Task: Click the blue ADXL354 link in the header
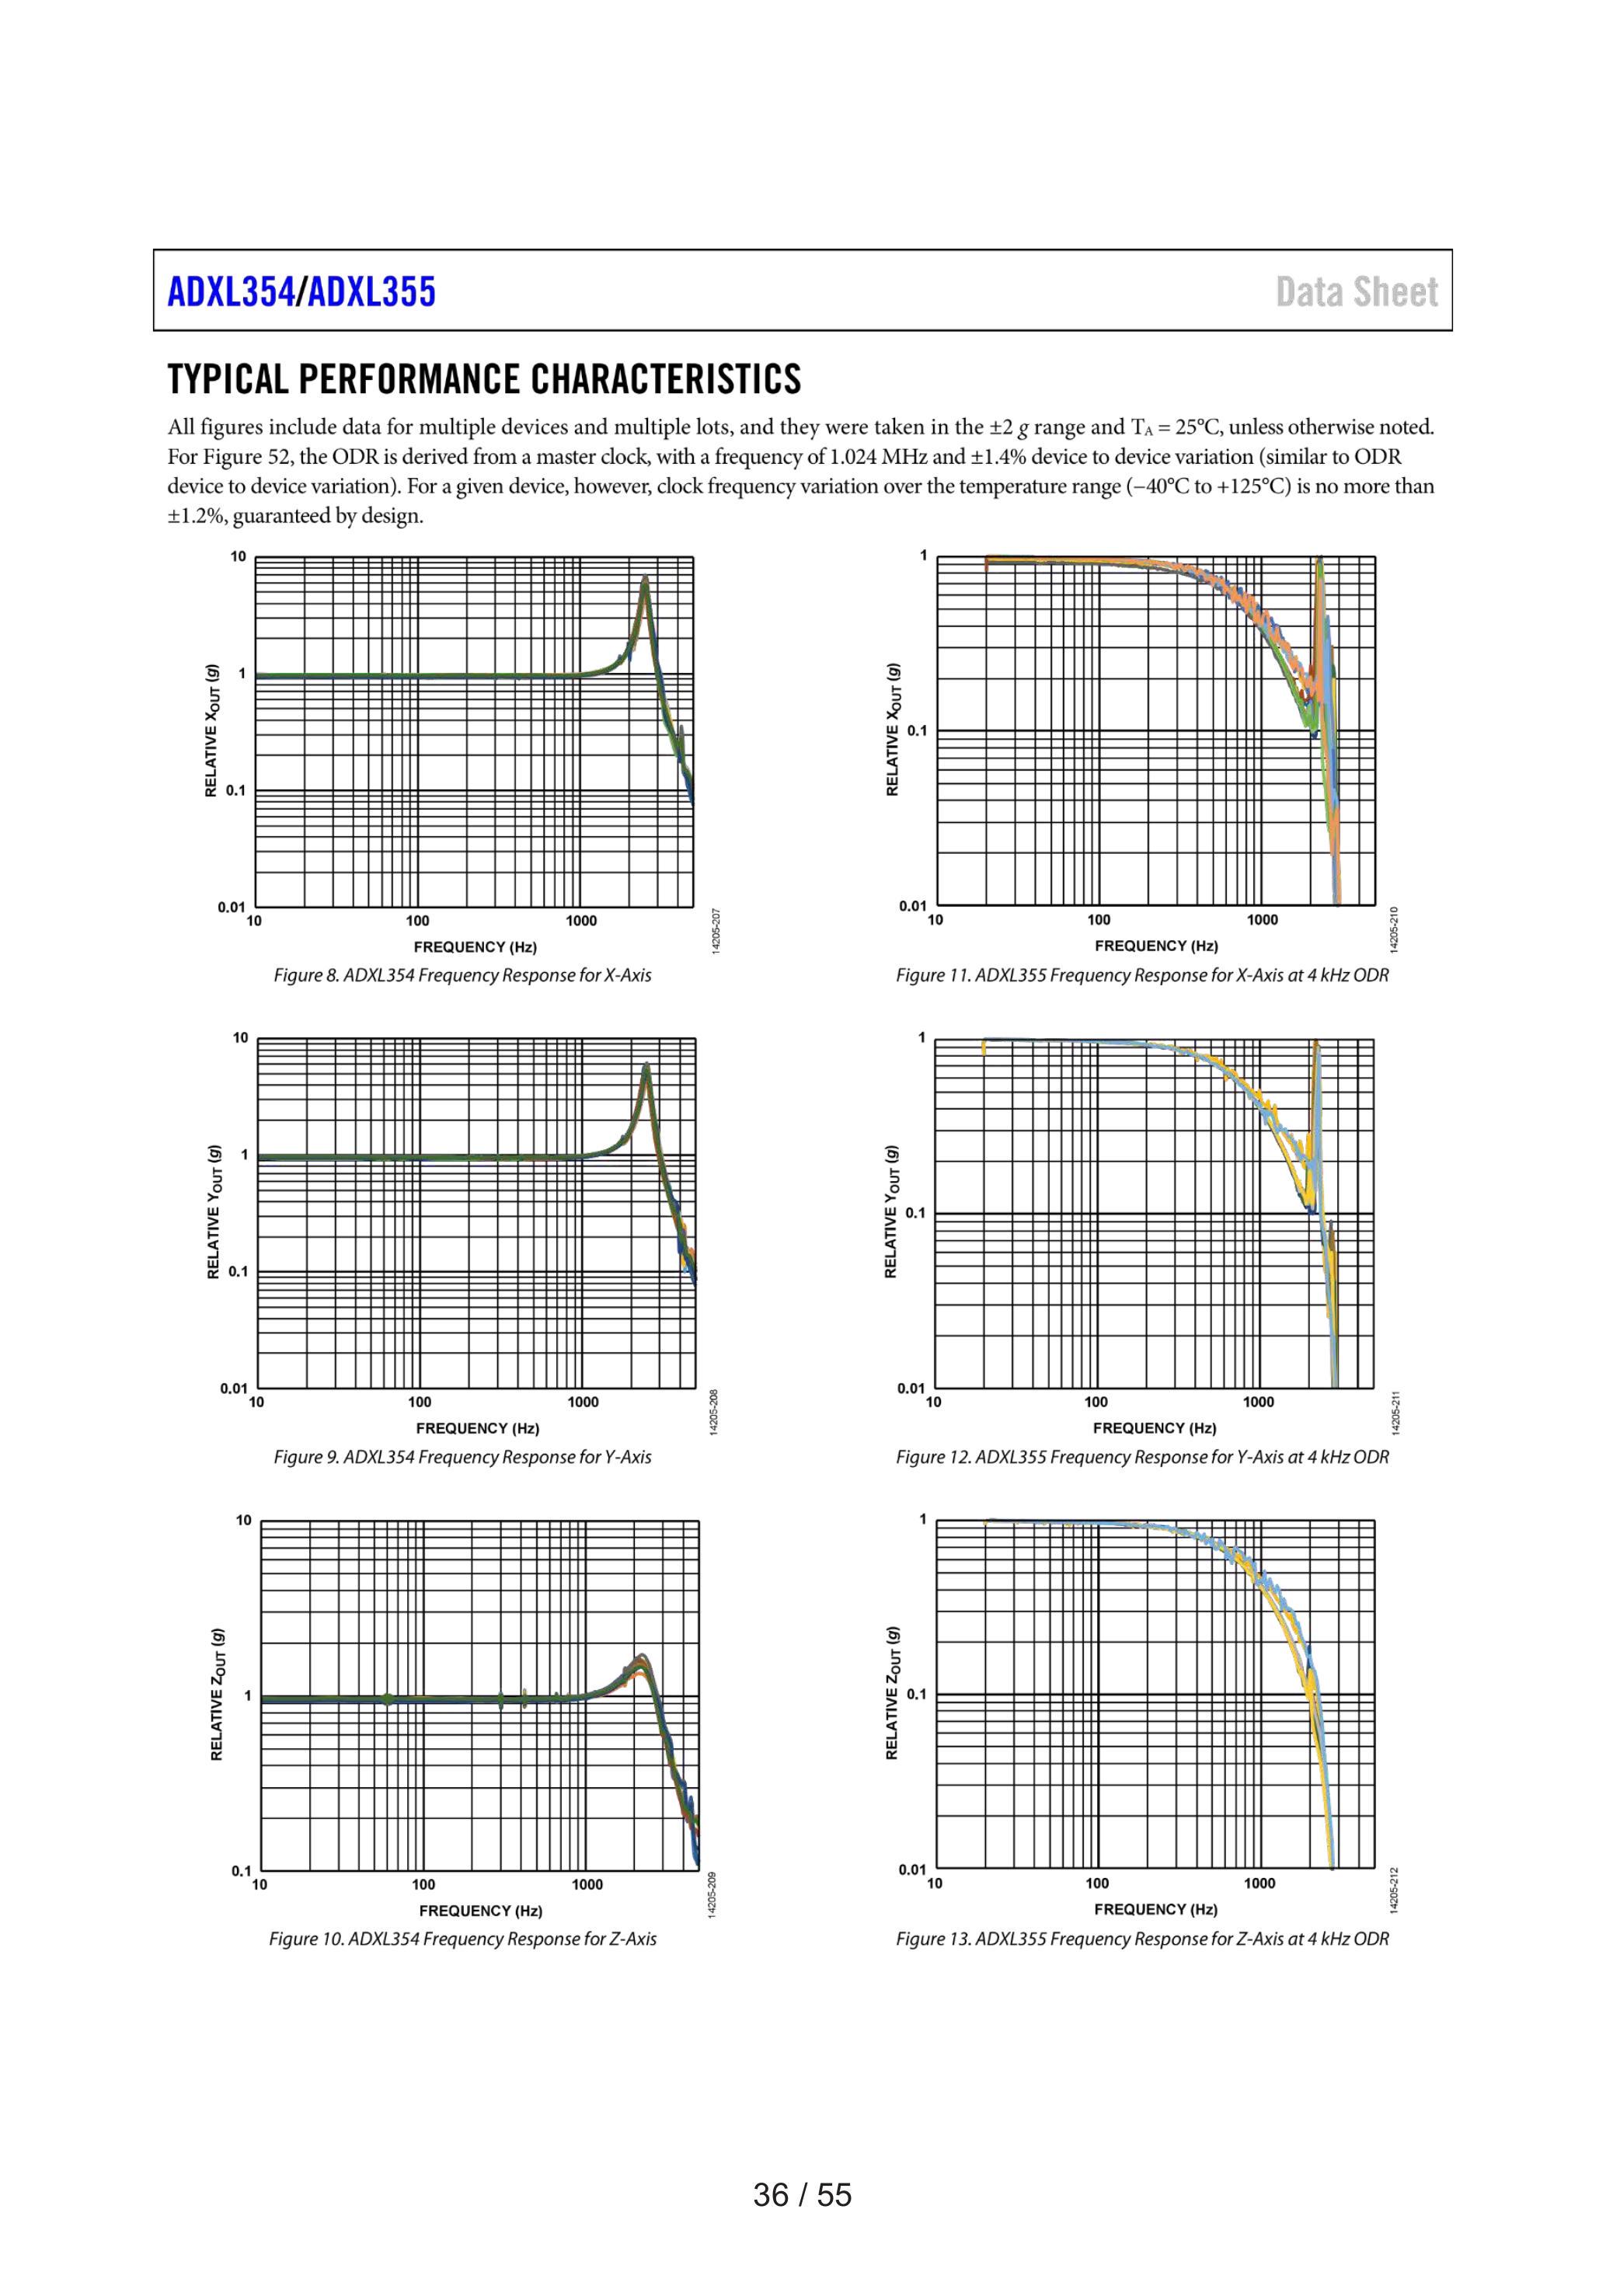pyautogui.click(x=232, y=292)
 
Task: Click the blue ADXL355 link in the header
pyautogui.click(x=371, y=292)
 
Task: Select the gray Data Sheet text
pyautogui.click(x=1357, y=292)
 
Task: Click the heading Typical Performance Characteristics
pyautogui.click(x=485, y=379)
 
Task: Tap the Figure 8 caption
pyautogui.click(x=462, y=976)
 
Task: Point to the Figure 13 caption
pyautogui.click(x=1142, y=1939)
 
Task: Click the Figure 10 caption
pyautogui.click(x=462, y=1939)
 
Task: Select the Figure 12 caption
pyautogui.click(x=1142, y=1457)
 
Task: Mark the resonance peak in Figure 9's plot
pyautogui.click(x=646, y=1065)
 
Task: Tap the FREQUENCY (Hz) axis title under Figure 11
pyautogui.click(x=1156, y=946)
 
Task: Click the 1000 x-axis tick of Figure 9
pyautogui.click(x=583, y=1403)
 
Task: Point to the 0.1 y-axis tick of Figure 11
pyautogui.click(x=918, y=731)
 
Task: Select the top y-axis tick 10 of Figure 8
pyautogui.click(x=239, y=556)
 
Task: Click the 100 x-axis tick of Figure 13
pyautogui.click(x=1096, y=1883)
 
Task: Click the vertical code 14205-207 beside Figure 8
pyautogui.click(x=716, y=931)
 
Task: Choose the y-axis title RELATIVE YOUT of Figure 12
pyautogui.click(x=891, y=1211)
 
